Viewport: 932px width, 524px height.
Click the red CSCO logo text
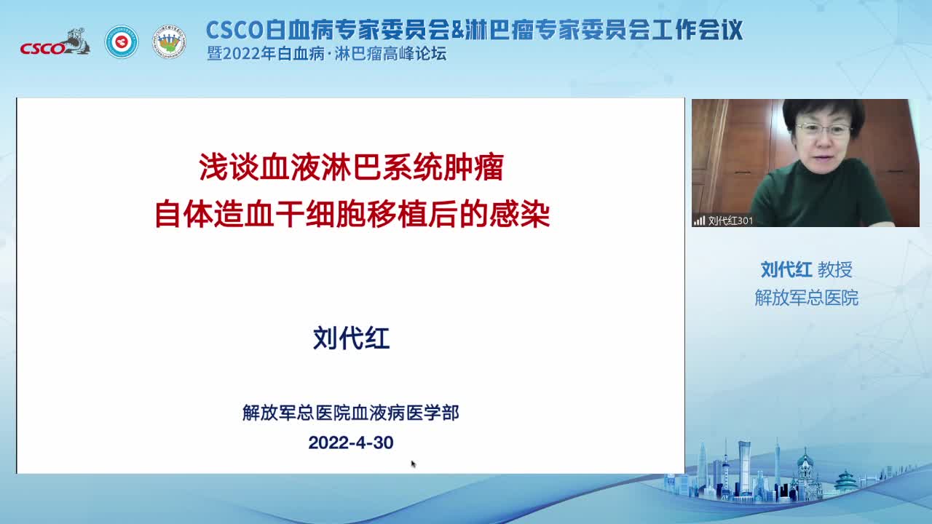point(42,48)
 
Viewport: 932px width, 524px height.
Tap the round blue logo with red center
point(122,41)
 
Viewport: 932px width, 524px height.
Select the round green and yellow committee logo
point(169,41)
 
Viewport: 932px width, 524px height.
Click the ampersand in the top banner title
point(458,30)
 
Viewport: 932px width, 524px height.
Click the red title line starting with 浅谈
point(352,167)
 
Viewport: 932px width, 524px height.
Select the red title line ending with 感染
point(352,214)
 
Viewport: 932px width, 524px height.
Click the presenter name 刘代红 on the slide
point(352,337)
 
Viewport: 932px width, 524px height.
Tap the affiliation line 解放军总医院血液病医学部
point(351,413)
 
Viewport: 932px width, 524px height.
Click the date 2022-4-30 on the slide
point(351,442)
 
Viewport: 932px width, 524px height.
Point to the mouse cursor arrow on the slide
point(413,464)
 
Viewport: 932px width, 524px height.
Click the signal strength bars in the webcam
point(700,221)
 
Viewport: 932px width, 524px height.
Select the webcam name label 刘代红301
point(730,221)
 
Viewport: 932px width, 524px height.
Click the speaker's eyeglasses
point(824,130)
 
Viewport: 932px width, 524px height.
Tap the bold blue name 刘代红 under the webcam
point(786,269)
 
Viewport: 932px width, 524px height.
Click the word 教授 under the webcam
point(835,269)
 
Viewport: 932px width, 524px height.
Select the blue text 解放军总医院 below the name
point(806,298)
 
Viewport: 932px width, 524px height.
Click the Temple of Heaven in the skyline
point(845,482)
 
